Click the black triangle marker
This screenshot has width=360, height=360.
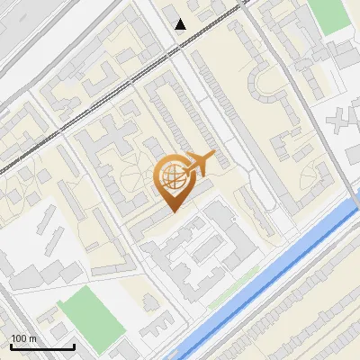[181, 24]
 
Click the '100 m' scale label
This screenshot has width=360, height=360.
[24, 338]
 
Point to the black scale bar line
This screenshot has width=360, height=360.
[42, 347]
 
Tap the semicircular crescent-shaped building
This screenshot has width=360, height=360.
[269, 85]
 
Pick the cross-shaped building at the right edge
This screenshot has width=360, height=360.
[342, 118]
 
